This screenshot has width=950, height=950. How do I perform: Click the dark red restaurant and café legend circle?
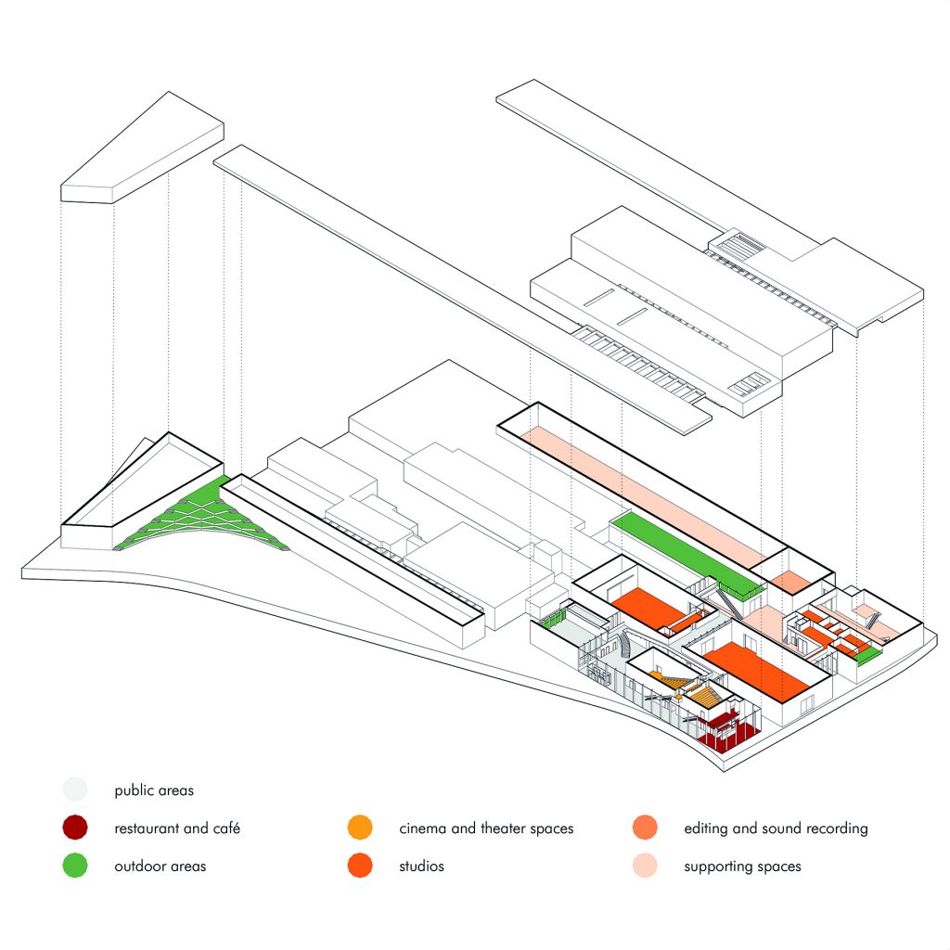(x=74, y=828)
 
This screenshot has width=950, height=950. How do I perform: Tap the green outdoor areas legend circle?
(x=74, y=866)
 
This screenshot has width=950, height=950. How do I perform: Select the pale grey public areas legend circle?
(x=74, y=790)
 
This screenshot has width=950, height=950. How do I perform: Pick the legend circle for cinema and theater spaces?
(x=359, y=828)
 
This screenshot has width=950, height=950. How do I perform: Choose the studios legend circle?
(x=359, y=866)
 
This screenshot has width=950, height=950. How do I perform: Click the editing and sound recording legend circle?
(x=644, y=828)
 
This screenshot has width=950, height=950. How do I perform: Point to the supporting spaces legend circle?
(x=644, y=866)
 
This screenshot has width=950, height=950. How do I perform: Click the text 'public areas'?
(x=154, y=791)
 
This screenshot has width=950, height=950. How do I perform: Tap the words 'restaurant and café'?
(x=177, y=828)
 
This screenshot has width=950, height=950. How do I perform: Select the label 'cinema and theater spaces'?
(x=486, y=828)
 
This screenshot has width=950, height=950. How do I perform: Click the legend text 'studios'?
(x=421, y=867)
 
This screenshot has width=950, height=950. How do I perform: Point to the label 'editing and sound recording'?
(x=776, y=828)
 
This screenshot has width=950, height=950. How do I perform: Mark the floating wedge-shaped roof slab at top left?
(x=139, y=148)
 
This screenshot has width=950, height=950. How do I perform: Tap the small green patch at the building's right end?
(x=867, y=657)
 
